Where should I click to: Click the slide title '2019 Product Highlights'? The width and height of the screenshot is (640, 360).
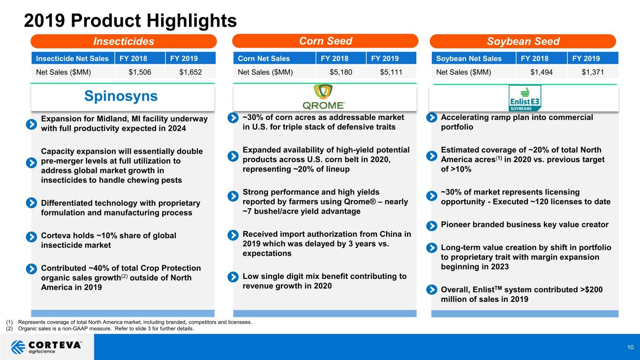[x=130, y=21]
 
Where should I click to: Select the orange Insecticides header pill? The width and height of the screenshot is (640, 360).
[x=124, y=41]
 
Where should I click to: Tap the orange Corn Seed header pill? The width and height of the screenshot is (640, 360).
[x=325, y=41]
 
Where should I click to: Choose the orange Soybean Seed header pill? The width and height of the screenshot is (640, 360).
[x=523, y=41]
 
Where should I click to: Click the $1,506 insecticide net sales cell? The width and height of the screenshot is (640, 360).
[x=140, y=72]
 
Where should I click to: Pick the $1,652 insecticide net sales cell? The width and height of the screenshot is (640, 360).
[x=190, y=72]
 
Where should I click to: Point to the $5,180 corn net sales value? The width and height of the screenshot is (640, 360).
[x=341, y=72]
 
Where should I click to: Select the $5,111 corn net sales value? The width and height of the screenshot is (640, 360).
[x=391, y=72]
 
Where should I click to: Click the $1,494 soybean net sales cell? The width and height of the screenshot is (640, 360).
[x=542, y=72]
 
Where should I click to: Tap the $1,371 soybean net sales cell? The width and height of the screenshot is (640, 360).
[x=593, y=72]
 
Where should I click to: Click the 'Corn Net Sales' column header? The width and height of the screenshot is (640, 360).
[x=264, y=59]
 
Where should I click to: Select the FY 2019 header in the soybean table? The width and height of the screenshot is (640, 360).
[x=586, y=59]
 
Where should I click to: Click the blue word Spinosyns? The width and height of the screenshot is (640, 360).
[x=121, y=96]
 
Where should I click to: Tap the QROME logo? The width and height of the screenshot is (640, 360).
[x=324, y=97]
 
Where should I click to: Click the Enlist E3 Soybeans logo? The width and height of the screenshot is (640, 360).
[x=525, y=98]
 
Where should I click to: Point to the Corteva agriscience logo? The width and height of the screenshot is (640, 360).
[x=46, y=347]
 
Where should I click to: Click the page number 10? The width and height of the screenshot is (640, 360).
[x=631, y=347]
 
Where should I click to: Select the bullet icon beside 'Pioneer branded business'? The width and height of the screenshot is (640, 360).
[x=431, y=226]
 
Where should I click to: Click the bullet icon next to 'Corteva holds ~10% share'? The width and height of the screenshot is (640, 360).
[x=31, y=237]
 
